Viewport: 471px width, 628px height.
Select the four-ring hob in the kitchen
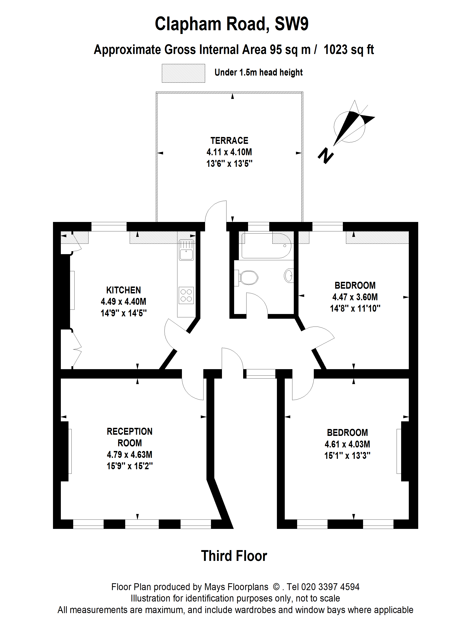coord(186,295)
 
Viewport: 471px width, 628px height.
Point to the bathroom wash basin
coord(289,275)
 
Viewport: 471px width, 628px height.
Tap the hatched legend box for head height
coord(183,73)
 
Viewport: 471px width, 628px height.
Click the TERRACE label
coord(229,141)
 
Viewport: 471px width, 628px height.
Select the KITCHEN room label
coord(123,290)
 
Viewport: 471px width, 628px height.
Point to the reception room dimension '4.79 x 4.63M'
coord(130,454)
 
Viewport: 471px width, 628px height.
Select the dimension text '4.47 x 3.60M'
coord(355,297)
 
